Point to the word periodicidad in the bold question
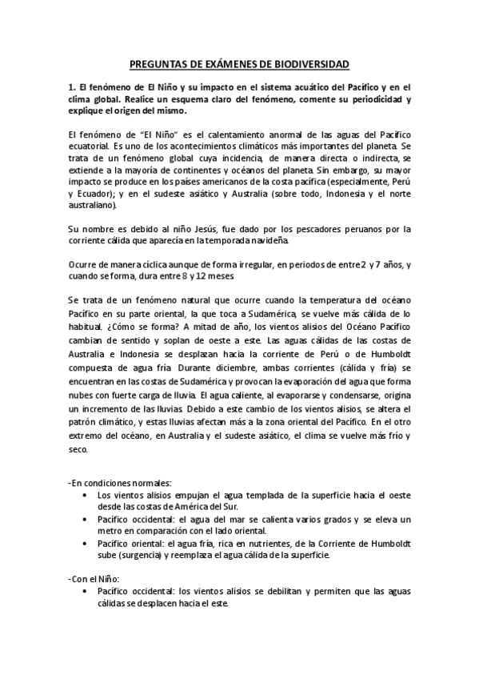pos(370,99)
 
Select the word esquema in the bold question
pos(227,99)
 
